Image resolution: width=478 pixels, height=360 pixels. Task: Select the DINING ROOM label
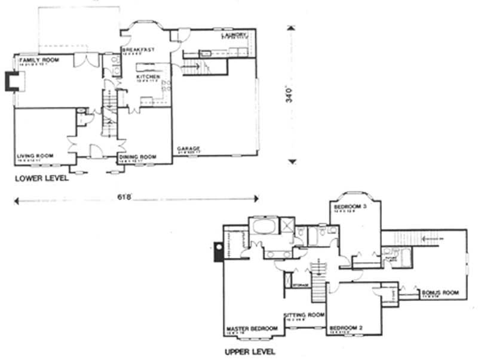click(x=137, y=157)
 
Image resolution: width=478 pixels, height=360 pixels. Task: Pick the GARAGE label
click(x=188, y=148)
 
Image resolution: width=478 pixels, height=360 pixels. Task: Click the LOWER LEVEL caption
click(x=41, y=178)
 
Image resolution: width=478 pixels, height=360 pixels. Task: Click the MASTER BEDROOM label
click(x=252, y=329)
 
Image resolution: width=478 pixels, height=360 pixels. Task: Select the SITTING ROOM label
click(x=304, y=314)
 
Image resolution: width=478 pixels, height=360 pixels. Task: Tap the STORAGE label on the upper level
click(x=300, y=285)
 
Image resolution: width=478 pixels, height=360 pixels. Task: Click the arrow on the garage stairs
click(x=194, y=67)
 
